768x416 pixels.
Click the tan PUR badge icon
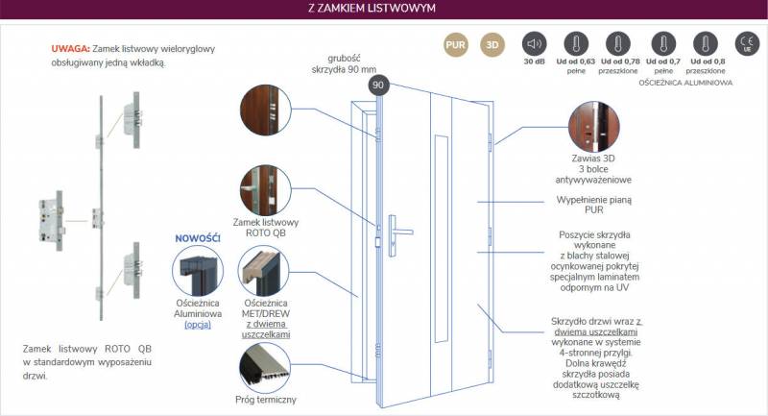pyautogui.click(x=455, y=44)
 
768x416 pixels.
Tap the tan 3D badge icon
pyautogui.click(x=492, y=44)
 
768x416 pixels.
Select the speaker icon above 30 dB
pyautogui.click(x=534, y=44)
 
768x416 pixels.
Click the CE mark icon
pyautogui.click(x=747, y=43)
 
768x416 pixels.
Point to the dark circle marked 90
pyautogui.click(x=378, y=86)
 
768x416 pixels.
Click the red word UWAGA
pyautogui.click(x=70, y=48)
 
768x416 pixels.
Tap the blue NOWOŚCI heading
pyautogui.click(x=198, y=238)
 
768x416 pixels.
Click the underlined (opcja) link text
pyautogui.click(x=198, y=325)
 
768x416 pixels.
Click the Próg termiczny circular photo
pyautogui.click(x=265, y=368)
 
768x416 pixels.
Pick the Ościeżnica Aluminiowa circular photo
pyautogui.click(x=198, y=271)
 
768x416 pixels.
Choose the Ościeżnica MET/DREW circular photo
pyautogui.click(x=263, y=271)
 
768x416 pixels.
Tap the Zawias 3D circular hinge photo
pyautogui.click(x=593, y=127)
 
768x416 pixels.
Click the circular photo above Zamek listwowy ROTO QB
pyautogui.click(x=266, y=190)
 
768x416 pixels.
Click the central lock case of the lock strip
pyautogui.click(x=52, y=222)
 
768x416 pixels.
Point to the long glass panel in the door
pyautogui.click(x=441, y=238)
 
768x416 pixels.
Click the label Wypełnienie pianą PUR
pyautogui.click(x=593, y=205)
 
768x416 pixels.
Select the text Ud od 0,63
pyautogui.click(x=575, y=61)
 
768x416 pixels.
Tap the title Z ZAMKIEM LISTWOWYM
pyautogui.click(x=372, y=9)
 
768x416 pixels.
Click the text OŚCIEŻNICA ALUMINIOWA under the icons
pyautogui.click(x=685, y=83)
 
